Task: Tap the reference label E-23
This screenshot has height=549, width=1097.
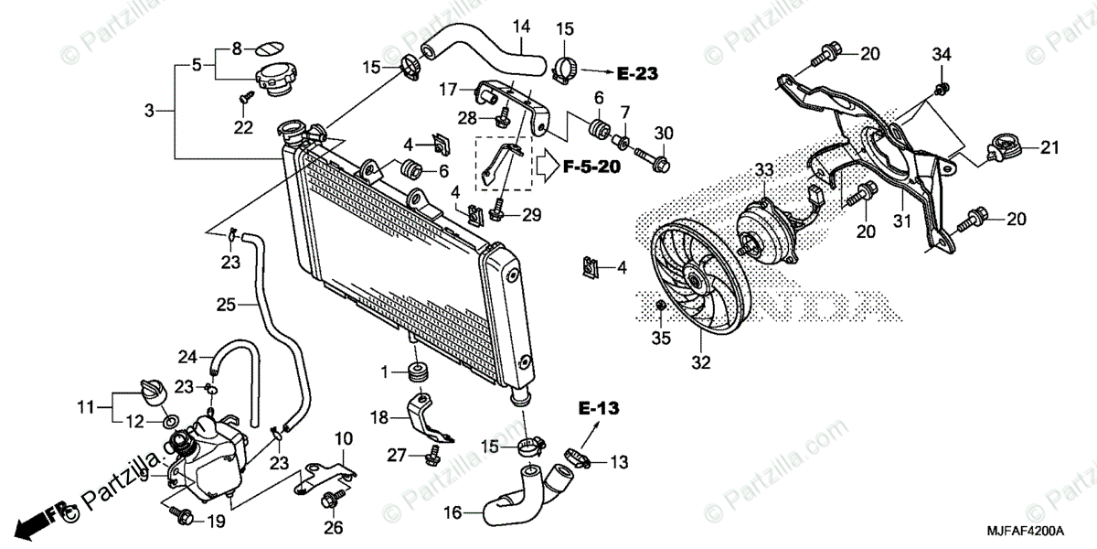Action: tap(637, 70)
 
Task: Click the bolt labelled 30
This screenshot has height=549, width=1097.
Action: tap(656, 165)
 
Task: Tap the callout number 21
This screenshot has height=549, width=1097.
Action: tap(1048, 146)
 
